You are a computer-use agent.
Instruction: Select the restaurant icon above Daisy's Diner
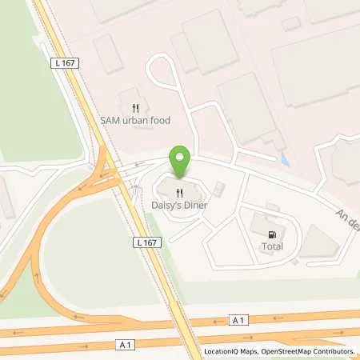coord(181,193)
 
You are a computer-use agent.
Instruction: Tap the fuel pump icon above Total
coord(273,234)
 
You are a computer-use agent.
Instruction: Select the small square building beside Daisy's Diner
coord(220,188)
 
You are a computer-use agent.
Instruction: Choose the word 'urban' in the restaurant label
coord(134,120)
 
